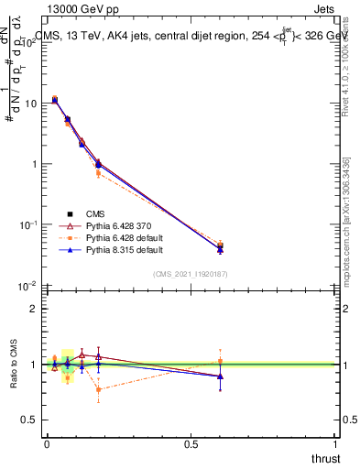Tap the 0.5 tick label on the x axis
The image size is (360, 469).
point(191,444)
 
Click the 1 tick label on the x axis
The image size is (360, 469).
point(335,444)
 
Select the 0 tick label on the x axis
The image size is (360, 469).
point(47,444)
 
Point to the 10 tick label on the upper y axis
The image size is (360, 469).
point(30,104)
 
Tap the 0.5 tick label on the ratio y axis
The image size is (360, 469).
point(31,420)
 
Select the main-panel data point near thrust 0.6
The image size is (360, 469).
point(220,247)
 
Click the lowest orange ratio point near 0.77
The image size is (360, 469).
point(98,389)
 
